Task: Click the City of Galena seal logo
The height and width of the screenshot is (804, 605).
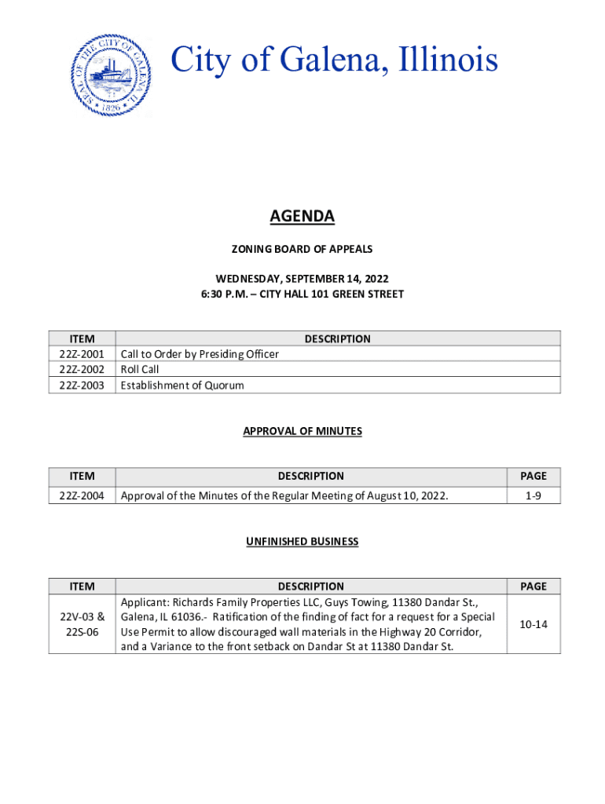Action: tap(111, 75)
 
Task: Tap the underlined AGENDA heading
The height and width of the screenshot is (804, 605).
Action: tap(302, 216)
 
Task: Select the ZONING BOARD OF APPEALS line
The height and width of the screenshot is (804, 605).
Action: tap(302, 249)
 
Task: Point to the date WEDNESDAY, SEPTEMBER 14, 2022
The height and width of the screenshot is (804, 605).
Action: tap(302, 279)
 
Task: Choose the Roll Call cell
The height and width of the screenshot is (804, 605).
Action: tap(140, 369)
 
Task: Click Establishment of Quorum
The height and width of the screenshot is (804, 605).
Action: tap(182, 385)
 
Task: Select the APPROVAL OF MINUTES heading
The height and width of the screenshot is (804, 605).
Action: tap(302, 431)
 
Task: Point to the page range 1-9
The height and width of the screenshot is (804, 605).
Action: tap(533, 495)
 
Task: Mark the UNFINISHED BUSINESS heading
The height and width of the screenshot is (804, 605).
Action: tap(302, 542)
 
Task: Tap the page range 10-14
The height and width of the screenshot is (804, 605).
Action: tap(533, 624)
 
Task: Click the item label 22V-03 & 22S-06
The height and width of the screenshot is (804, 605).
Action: tap(82, 624)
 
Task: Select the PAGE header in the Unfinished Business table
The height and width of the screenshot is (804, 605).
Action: tap(533, 586)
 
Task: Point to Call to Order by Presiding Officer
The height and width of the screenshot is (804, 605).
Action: tap(200, 354)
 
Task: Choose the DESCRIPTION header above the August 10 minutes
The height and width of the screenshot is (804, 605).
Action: tap(310, 476)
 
